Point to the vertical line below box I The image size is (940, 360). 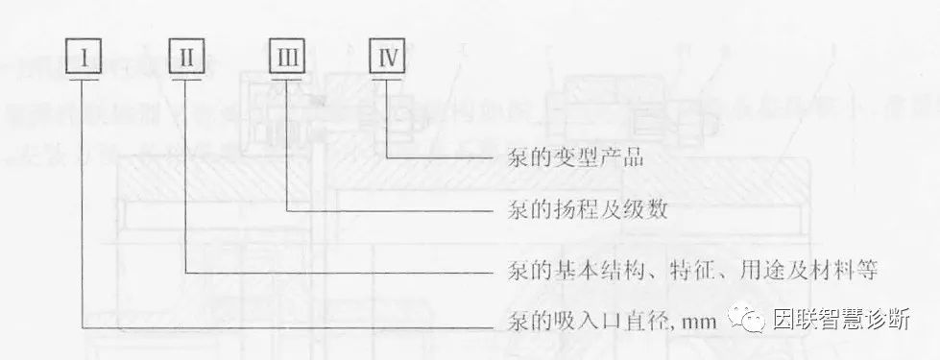(84, 202)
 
